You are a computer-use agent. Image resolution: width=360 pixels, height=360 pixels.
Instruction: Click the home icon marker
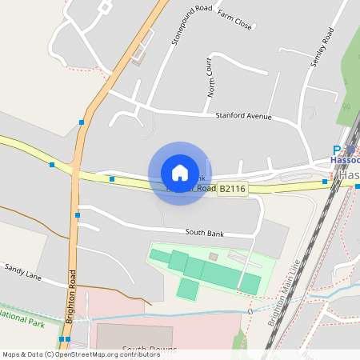click(179, 173)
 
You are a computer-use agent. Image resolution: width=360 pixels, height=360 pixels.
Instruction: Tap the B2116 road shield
click(232, 189)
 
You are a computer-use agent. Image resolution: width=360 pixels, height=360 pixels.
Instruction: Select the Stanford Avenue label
click(243, 117)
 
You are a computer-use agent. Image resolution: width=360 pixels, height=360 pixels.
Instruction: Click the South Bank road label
click(202, 232)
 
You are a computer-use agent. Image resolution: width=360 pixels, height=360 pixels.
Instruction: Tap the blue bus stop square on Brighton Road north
click(82, 122)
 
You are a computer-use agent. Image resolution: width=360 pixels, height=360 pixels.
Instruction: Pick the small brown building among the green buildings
click(214, 256)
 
